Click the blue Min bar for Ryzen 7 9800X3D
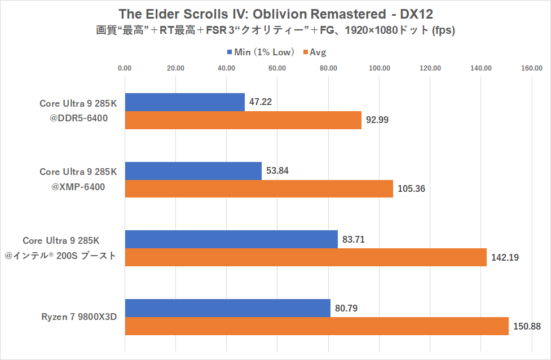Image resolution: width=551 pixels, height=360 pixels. click(x=227, y=308)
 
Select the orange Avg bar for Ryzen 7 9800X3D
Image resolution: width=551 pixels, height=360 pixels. click(x=316, y=326)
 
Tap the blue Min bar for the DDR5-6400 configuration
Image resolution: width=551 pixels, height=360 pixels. click(x=184, y=102)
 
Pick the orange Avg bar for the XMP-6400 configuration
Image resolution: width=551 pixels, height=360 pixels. click(x=258, y=188)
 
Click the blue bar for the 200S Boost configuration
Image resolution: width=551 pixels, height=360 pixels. click(x=231, y=239)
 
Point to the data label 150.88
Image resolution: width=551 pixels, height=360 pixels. click(x=526, y=326)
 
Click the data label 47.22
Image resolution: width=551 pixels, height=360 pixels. click(x=261, y=102)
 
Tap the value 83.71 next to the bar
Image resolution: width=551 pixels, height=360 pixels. click(x=354, y=239)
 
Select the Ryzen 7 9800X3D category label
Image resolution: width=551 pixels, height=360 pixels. click(x=78, y=317)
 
